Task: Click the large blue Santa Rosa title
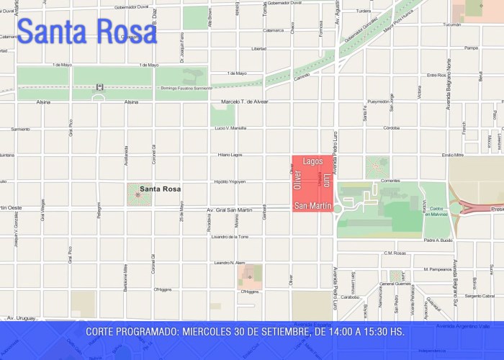click(x=86, y=31)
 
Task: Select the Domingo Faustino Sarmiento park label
click(x=185, y=88)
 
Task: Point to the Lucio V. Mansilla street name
click(x=231, y=128)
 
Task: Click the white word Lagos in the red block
click(x=313, y=162)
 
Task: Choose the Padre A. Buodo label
click(x=438, y=240)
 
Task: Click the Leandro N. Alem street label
click(x=230, y=263)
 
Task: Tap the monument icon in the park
click(x=99, y=87)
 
